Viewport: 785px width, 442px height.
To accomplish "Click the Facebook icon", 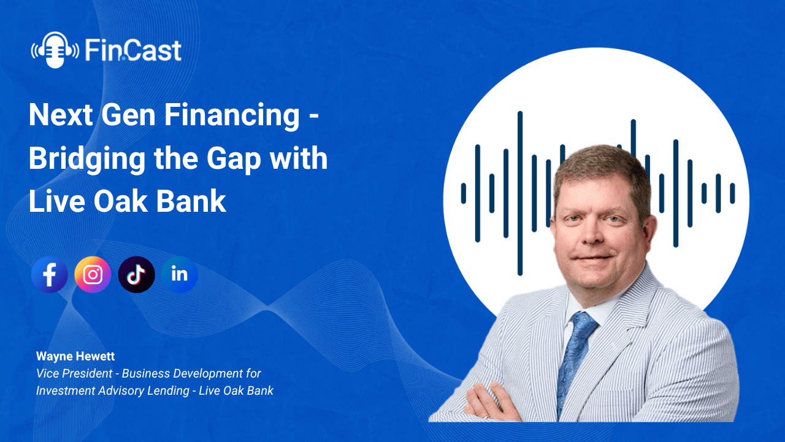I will [x=49, y=274].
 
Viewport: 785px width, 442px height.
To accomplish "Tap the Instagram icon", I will [x=93, y=274].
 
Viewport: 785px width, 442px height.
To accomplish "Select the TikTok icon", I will [x=136, y=274].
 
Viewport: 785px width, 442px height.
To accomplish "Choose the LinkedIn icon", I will [x=180, y=274].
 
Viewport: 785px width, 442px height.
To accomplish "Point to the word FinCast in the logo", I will [x=133, y=50].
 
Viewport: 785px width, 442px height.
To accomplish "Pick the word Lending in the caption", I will [x=167, y=390].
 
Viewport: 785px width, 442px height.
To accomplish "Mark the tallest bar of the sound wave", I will [x=520, y=193].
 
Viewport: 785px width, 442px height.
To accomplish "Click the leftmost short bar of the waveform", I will [x=464, y=193].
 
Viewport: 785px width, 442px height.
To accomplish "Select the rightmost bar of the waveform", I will [x=732, y=193].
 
